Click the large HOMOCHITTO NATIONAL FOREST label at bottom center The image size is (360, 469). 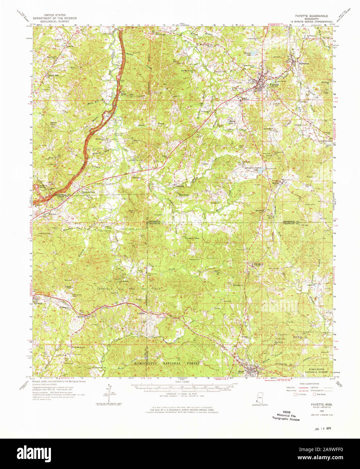coord(167,363)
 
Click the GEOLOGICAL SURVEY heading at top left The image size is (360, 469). coord(54,21)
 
